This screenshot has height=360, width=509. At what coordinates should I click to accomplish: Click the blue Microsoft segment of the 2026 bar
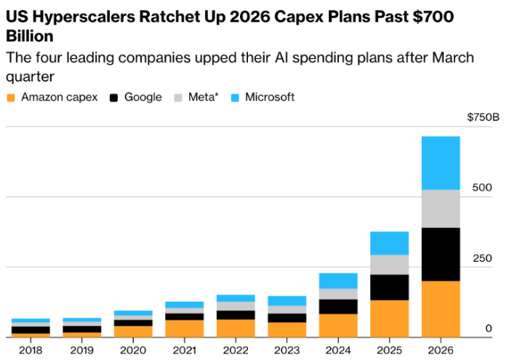click(441, 163)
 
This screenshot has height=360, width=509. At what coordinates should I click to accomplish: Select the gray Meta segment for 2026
click(441, 209)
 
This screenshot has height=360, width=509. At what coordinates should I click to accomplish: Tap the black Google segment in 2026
click(441, 254)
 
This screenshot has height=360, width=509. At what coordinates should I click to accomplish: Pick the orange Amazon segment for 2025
click(389, 319)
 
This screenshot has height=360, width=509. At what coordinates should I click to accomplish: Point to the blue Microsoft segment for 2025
click(389, 243)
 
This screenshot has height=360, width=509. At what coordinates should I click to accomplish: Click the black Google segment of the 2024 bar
click(338, 306)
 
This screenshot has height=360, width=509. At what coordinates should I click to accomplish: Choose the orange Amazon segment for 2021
click(185, 329)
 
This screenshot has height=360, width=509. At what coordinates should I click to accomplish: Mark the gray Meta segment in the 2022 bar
click(236, 306)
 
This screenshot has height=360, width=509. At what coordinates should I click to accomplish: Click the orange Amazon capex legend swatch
click(11, 97)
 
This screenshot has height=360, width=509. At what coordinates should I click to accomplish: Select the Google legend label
click(143, 97)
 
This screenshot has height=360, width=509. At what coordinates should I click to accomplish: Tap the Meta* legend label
click(204, 97)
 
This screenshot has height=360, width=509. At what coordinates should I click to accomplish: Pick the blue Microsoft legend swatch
click(235, 97)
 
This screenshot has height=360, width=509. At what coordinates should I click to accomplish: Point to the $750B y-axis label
click(483, 117)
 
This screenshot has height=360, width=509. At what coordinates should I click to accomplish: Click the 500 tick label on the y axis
click(482, 188)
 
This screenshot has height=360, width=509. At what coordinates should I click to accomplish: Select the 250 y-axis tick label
click(482, 258)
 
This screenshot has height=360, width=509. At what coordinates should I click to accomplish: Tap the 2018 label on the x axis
click(31, 351)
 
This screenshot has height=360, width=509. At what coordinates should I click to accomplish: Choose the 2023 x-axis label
click(286, 351)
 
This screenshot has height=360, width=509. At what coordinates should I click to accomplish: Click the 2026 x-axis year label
click(441, 351)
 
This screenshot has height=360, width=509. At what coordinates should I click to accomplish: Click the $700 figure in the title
click(433, 17)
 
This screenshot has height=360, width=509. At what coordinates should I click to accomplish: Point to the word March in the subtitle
click(453, 57)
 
